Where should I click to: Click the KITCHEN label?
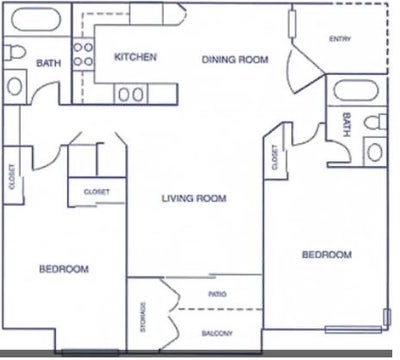(135, 58)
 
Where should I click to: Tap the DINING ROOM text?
(236, 60)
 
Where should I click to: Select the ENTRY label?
(340, 39)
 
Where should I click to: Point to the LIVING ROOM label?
(194, 198)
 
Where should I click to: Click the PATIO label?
(216, 295)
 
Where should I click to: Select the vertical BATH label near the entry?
(346, 125)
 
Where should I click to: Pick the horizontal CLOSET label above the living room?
(97, 191)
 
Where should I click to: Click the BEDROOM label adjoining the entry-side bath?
(327, 256)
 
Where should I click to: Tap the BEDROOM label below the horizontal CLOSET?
(64, 270)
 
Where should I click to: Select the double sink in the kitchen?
(131, 95)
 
